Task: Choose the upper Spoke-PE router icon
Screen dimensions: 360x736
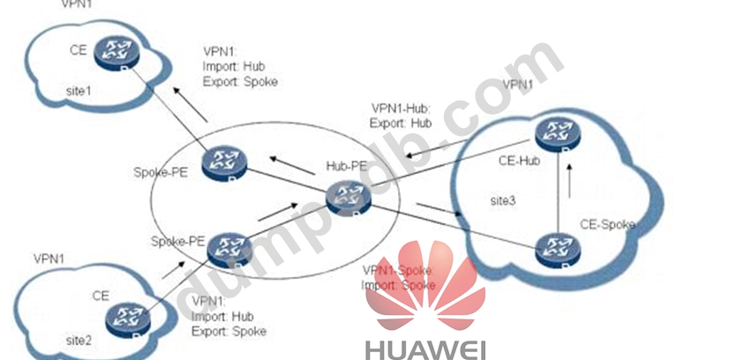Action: coord(218,163)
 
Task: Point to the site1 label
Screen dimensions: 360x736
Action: coord(80,90)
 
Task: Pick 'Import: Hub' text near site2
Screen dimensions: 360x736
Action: coord(221,316)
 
